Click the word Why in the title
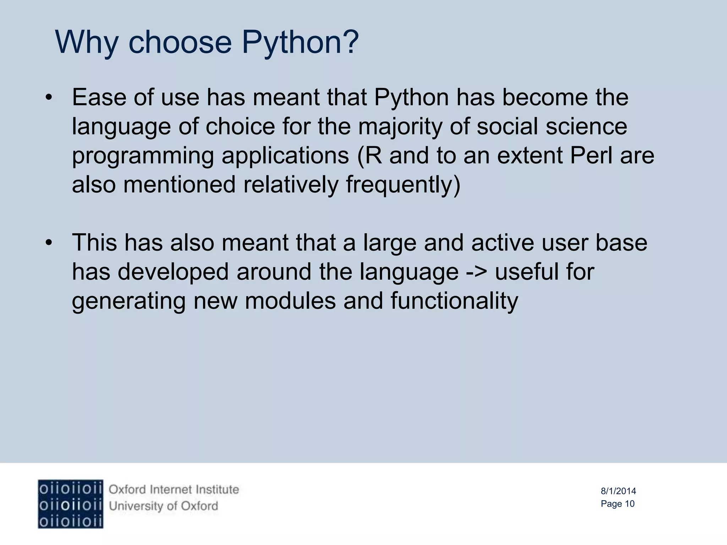[87, 43]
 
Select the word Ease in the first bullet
[99, 97]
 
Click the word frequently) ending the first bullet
[403, 185]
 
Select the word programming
[143, 156]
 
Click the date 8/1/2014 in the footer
[618, 491]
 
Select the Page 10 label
[617, 504]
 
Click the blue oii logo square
[70, 504]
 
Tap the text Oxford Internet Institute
[174, 490]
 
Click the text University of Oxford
[163, 506]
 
